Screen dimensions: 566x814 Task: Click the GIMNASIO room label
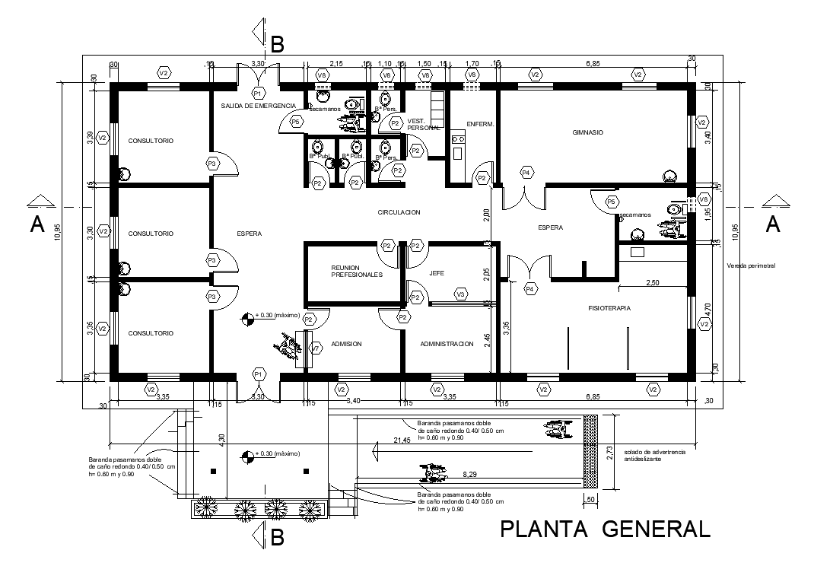click(x=587, y=132)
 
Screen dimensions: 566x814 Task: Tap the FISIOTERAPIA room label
click(x=610, y=308)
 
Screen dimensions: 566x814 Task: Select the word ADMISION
click(x=346, y=344)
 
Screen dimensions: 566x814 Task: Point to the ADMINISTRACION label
click(x=447, y=344)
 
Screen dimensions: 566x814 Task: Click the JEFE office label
click(x=436, y=272)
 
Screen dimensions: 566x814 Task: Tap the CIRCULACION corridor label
click(x=399, y=212)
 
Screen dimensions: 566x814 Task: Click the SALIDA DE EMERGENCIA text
click(x=258, y=105)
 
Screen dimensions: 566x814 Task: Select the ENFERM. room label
click(x=480, y=123)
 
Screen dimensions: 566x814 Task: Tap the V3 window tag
click(x=460, y=294)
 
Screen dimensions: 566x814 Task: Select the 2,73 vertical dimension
click(x=608, y=454)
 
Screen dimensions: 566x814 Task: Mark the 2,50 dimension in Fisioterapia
click(x=653, y=282)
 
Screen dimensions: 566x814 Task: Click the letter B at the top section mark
click(x=278, y=46)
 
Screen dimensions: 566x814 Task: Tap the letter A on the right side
click(x=772, y=224)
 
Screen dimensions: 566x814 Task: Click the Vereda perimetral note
click(x=750, y=266)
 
